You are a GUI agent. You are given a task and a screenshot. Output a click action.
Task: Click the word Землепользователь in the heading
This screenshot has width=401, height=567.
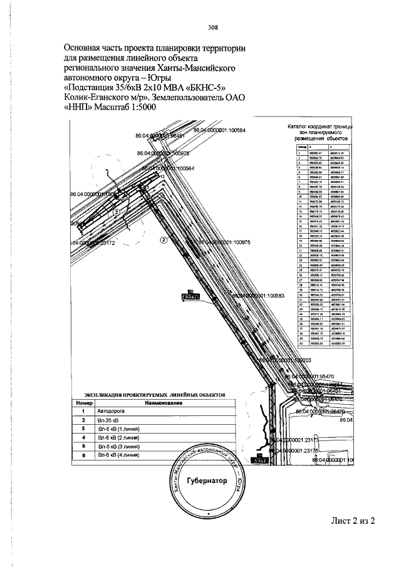[189, 97]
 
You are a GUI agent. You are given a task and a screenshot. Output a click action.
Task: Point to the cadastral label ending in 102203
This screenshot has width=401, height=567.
[286, 360]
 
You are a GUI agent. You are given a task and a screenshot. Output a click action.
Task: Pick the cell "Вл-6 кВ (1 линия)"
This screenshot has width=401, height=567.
[120, 430]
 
